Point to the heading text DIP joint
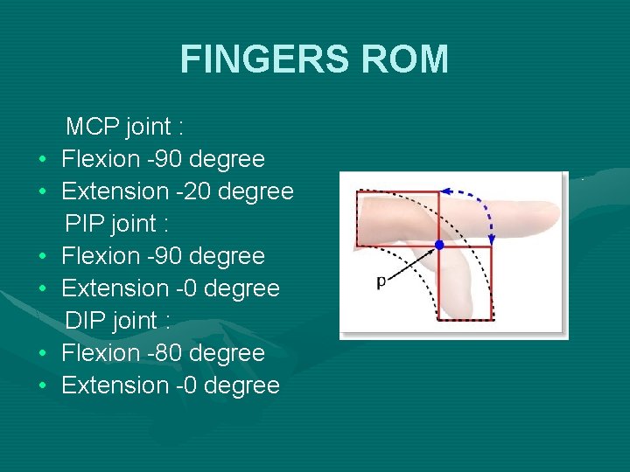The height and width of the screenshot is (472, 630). (117, 321)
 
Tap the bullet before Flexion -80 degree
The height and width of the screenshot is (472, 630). (42, 354)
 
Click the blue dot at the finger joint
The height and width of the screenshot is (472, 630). (439, 246)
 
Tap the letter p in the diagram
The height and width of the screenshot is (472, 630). (381, 281)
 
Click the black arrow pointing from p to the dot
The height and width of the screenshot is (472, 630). (411, 263)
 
